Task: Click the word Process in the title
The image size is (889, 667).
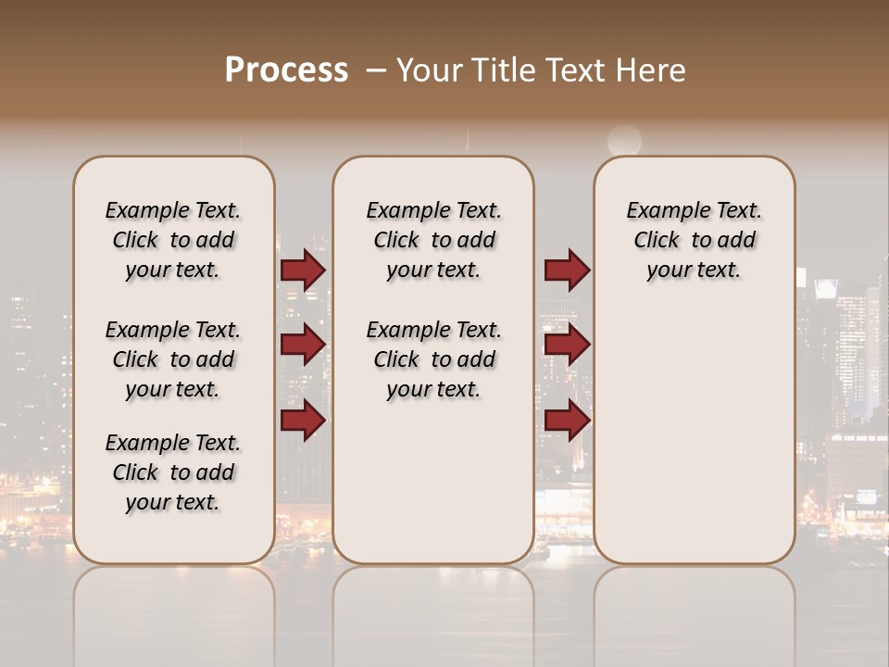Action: click(286, 70)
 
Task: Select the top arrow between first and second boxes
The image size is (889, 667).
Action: click(303, 271)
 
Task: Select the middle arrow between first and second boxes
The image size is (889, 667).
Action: click(303, 345)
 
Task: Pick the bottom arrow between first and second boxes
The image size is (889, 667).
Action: click(303, 421)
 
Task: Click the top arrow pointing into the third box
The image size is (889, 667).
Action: click(567, 271)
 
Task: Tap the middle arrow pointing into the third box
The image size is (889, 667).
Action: click(567, 345)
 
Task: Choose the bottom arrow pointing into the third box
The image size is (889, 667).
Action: click(567, 421)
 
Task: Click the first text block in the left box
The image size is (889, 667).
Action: click(173, 240)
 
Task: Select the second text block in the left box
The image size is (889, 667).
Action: click(173, 359)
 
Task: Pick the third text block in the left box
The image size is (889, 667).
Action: click(173, 472)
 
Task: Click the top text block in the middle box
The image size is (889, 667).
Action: click(433, 240)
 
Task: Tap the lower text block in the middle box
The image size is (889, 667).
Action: click(433, 359)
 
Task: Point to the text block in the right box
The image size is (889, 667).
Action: click(694, 240)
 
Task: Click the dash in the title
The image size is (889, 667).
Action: click(375, 70)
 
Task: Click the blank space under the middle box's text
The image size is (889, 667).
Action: click(433, 482)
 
